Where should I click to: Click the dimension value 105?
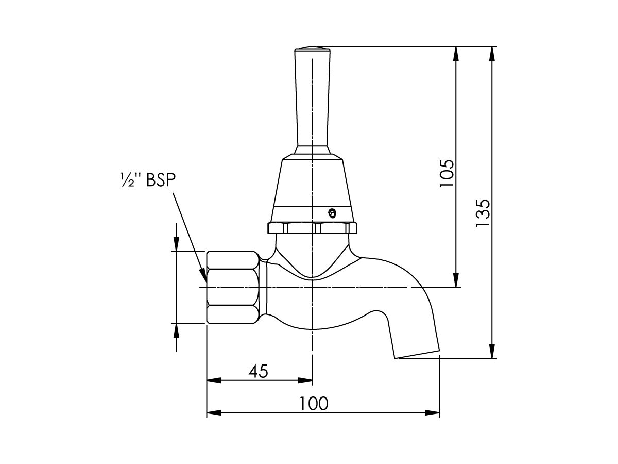point(447,173)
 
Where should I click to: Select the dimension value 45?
point(259,371)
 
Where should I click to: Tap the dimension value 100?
point(314,403)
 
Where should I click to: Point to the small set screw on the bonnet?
point(332,211)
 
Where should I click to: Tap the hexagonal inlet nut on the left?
point(232,287)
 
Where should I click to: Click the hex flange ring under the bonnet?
point(312,227)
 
